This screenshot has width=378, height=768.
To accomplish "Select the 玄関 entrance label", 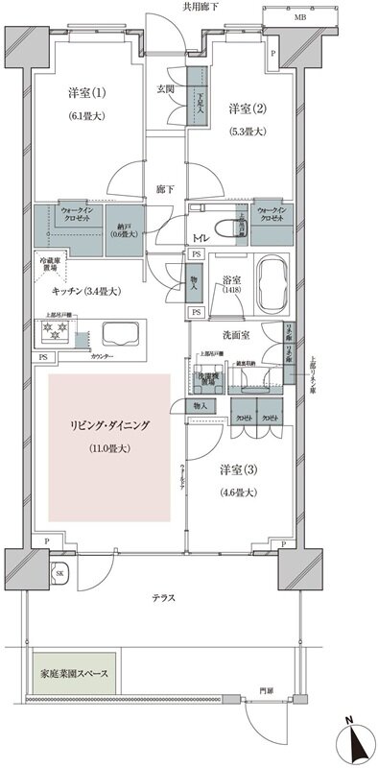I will click(167, 91).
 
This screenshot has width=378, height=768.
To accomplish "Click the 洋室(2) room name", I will click(246, 108).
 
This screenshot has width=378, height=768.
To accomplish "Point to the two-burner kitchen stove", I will click(54, 334).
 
